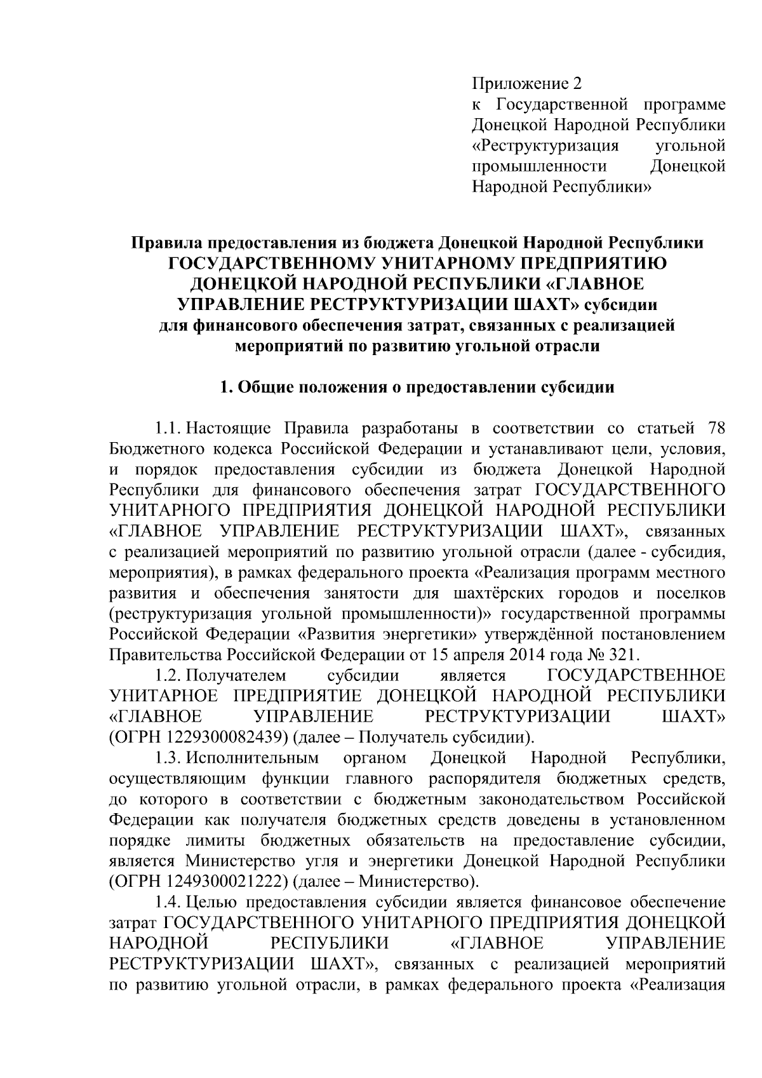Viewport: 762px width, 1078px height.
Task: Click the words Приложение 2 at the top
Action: click(x=526, y=84)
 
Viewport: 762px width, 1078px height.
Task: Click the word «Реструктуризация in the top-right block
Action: click(x=545, y=145)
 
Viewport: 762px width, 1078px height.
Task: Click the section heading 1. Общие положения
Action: click(x=417, y=387)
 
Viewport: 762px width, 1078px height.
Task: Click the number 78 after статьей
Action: click(x=714, y=428)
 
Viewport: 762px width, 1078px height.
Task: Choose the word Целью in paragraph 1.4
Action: click(x=212, y=903)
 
